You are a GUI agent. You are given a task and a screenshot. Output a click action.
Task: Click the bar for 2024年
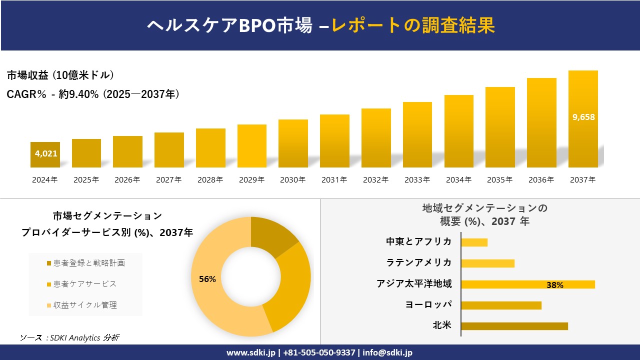(45, 154)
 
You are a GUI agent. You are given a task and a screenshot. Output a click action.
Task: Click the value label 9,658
(583, 117)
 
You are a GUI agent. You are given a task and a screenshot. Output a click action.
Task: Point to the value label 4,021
(46, 153)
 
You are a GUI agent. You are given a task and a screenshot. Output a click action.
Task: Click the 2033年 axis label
(417, 180)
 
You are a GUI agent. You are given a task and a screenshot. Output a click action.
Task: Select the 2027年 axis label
(168, 180)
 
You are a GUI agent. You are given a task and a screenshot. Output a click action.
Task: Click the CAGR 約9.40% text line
(93, 94)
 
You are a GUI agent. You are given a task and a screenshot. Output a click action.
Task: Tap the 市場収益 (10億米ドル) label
(60, 75)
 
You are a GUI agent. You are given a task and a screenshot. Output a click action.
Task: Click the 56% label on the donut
(207, 279)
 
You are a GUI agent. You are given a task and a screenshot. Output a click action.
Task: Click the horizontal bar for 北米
(514, 326)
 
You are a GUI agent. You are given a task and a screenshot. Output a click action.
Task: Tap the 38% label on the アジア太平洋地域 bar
(554, 285)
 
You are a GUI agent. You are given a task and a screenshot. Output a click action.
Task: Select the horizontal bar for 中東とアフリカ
(474, 242)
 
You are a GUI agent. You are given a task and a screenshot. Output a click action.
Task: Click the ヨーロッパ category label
(428, 304)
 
